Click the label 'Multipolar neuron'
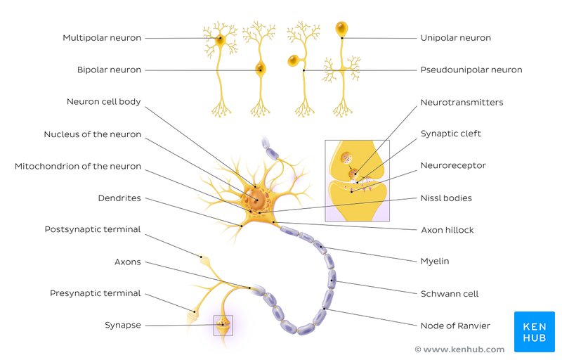click(102, 38)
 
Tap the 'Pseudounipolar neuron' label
click(471, 70)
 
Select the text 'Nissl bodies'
click(446, 198)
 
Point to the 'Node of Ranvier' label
click(455, 326)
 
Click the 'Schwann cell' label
click(450, 294)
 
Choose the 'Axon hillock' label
click(447, 230)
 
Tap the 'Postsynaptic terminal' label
click(93, 229)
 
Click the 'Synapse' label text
click(122, 326)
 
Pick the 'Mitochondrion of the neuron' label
click(78, 167)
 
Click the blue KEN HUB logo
click(535, 332)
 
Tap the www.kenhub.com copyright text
click(459, 349)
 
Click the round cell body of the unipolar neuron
click(341, 28)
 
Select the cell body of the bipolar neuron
click(261, 68)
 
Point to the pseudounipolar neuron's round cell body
click(294, 60)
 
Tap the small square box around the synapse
click(223, 326)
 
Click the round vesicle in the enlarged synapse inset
click(346, 157)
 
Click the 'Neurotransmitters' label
click(462, 103)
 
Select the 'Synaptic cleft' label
click(450, 134)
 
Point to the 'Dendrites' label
click(119, 198)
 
